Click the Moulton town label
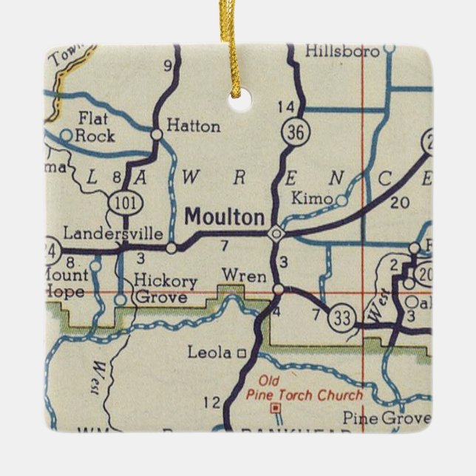(x=224, y=217)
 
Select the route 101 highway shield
(x=121, y=200)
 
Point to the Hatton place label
(x=193, y=126)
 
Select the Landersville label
(x=113, y=234)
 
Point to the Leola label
(x=211, y=353)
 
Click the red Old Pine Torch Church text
(x=304, y=389)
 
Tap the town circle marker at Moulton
(x=276, y=234)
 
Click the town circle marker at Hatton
(x=157, y=134)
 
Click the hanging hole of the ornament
(x=239, y=100)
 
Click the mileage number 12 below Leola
(x=211, y=402)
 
